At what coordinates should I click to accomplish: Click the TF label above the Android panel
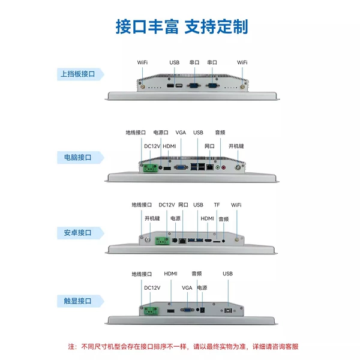[x=217, y=205]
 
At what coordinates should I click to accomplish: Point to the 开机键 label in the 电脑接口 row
[x=236, y=146]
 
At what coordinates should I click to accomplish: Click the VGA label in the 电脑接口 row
[x=181, y=133]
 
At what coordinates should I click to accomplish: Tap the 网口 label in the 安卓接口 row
[x=183, y=205]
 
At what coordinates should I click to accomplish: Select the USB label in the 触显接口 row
[x=228, y=274]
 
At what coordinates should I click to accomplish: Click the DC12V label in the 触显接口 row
[x=152, y=288]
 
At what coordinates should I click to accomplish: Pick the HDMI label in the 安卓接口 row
[x=208, y=218]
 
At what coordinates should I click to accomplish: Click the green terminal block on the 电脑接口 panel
[x=151, y=168]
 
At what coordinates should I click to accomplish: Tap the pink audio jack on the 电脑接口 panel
[x=224, y=168]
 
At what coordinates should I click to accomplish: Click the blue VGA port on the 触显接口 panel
[x=187, y=310]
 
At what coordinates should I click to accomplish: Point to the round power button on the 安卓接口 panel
[x=148, y=240]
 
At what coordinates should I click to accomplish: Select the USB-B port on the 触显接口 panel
[x=228, y=310]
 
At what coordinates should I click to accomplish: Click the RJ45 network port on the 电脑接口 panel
[x=210, y=167]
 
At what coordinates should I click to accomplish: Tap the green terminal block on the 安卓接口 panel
[x=163, y=241]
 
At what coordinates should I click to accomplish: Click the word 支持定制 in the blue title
[x=216, y=26]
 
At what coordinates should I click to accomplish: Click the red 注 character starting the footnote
[x=71, y=346]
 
